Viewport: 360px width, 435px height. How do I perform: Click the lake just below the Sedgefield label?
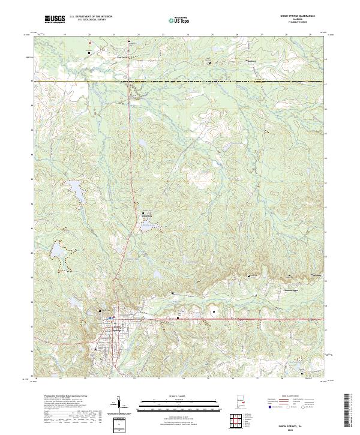147,226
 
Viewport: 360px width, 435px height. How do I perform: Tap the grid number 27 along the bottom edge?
257,379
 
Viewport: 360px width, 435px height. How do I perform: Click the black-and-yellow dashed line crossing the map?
180,81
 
